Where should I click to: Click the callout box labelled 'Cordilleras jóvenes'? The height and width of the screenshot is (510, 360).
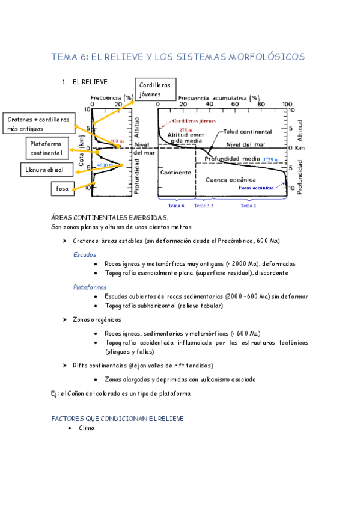(155, 90)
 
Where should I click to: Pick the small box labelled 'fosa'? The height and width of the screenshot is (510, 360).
(62, 188)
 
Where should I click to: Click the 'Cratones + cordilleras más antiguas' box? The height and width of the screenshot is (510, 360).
(37, 124)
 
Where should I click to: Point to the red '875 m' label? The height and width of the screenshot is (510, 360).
(185, 130)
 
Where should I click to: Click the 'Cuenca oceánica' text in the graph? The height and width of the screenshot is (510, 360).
(230, 179)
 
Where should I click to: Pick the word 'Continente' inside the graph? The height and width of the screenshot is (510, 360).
(175, 172)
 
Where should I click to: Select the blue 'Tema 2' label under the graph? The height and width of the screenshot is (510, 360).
(248, 206)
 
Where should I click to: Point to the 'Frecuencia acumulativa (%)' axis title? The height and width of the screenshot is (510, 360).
(219, 97)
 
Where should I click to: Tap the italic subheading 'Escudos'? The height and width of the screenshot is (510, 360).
(84, 254)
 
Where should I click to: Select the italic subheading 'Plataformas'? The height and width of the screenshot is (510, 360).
(90, 287)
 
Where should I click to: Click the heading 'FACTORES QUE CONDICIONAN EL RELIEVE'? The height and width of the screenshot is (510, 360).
(117, 418)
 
